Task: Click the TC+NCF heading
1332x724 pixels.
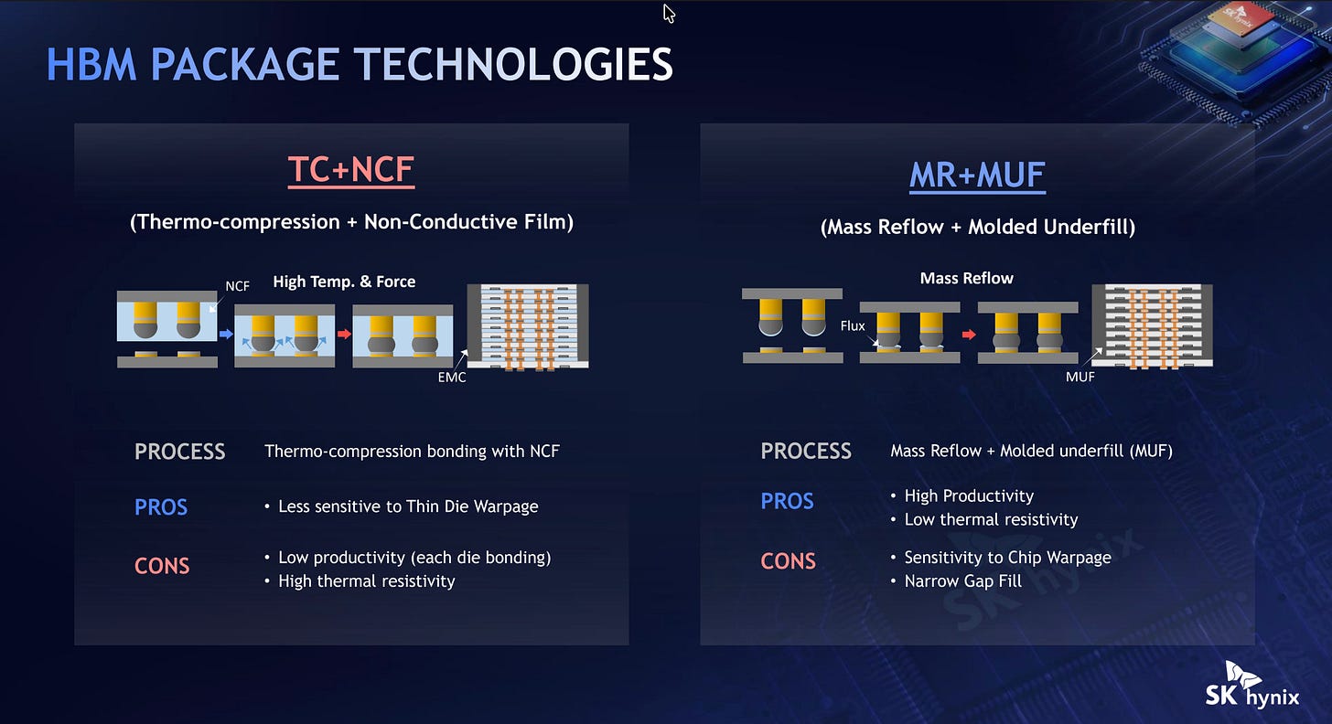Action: [x=351, y=170]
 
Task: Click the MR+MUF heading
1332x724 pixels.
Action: [x=977, y=176]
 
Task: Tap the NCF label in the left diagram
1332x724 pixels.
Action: [x=237, y=286]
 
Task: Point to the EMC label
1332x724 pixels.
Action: [x=452, y=378]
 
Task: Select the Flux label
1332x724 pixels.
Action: [x=853, y=325]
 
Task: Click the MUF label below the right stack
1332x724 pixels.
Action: [x=1080, y=377]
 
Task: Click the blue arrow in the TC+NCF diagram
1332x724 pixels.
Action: [x=226, y=334]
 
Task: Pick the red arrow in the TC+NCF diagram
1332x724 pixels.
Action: [x=344, y=334]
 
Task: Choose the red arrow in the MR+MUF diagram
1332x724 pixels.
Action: [x=969, y=335]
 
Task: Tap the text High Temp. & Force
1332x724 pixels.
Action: [x=344, y=282]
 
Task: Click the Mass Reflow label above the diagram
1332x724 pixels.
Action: [x=966, y=278]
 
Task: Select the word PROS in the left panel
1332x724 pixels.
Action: [x=161, y=507]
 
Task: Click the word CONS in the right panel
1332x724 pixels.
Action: [x=788, y=561]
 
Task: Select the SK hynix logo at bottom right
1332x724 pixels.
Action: [x=1251, y=686]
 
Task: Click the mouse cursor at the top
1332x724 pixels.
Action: [x=669, y=13]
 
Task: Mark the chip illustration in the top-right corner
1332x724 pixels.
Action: [x=1234, y=59]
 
